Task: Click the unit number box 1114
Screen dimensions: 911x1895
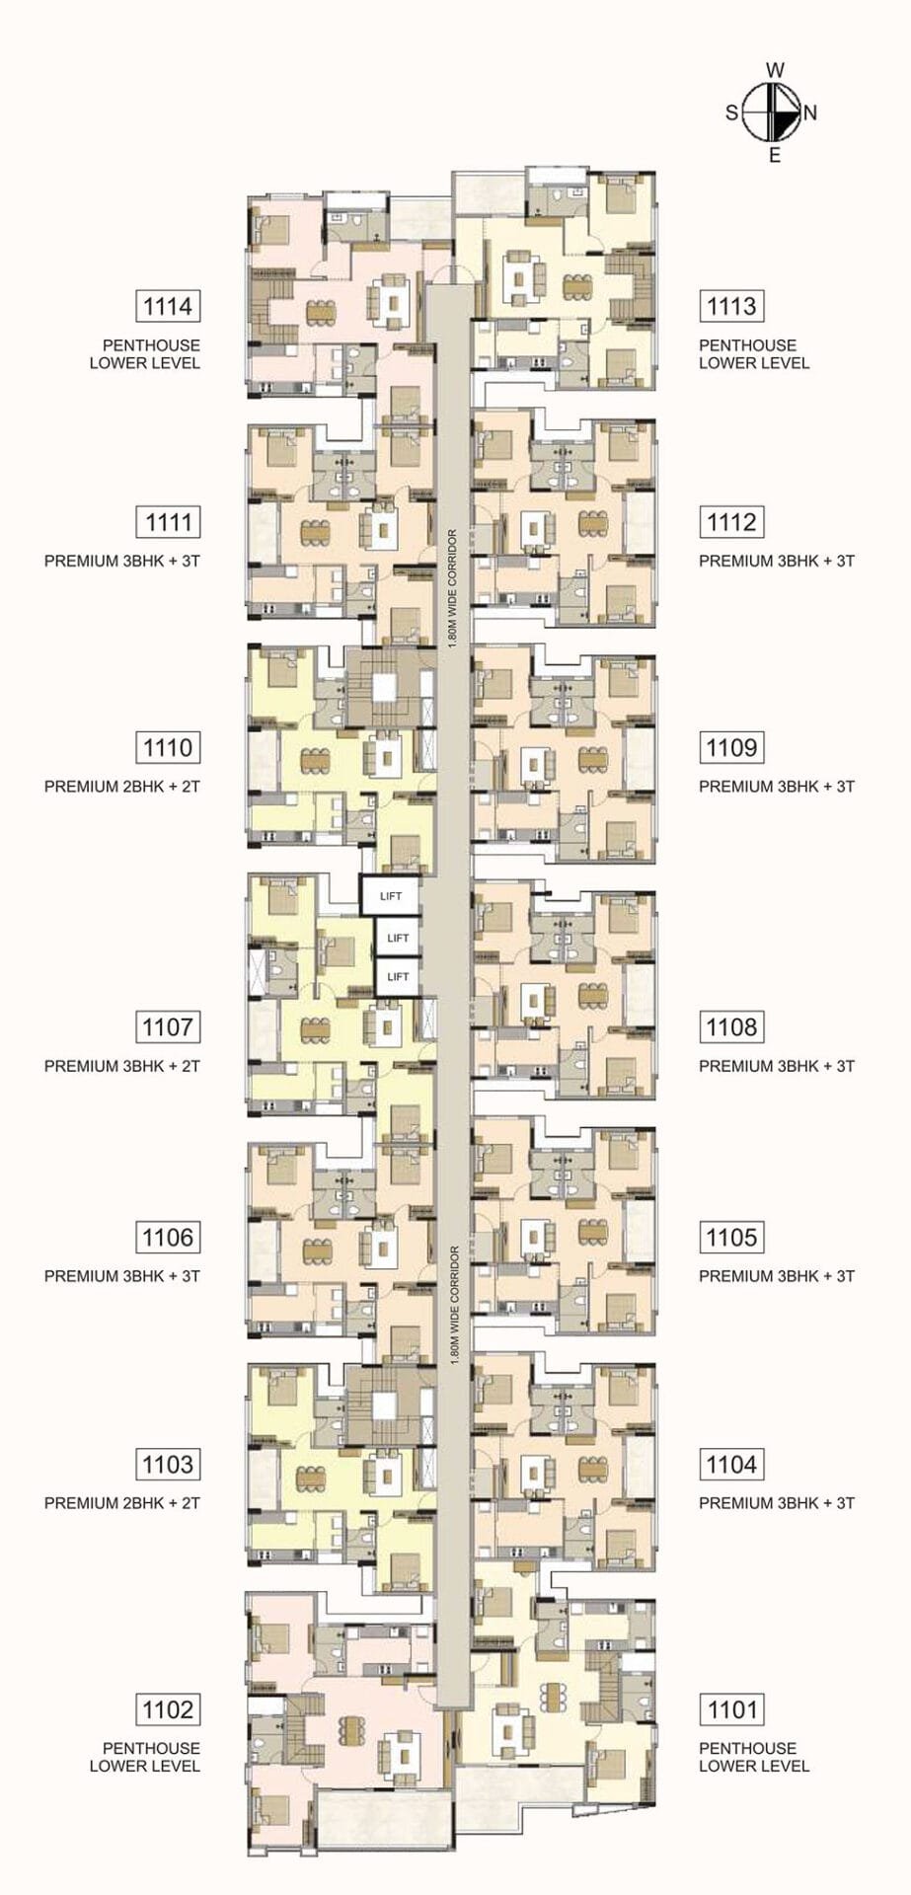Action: tap(168, 306)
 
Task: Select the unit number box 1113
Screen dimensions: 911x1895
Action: tap(731, 306)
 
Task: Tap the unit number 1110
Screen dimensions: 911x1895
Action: tap(168, 747)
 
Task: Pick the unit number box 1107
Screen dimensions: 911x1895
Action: tap(168, 1026)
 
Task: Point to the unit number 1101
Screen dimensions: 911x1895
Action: tap(731, 1708)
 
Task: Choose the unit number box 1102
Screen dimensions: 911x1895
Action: tap(168, 1708)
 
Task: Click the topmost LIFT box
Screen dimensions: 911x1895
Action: tap(391, 896)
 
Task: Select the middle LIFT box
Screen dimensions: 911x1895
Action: tap(398, 938)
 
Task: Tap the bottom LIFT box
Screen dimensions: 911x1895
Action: tap(398, 976)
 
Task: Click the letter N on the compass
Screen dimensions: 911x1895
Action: tap(810, 113)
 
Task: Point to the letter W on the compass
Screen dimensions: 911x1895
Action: tap(776, 70)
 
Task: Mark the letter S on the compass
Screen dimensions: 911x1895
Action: tap(732, 113)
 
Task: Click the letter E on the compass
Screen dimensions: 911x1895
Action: tap(775, 155)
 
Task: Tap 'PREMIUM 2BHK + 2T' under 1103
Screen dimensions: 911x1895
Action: tap(122, 1503)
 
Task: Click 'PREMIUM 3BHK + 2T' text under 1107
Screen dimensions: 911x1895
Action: tap(122, 1066)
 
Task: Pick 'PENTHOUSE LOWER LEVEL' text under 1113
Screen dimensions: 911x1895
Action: tap(754, 354)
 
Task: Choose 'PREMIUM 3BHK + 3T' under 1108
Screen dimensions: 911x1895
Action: tap(777, 1066)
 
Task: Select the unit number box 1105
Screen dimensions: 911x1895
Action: tap(731, 1237)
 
